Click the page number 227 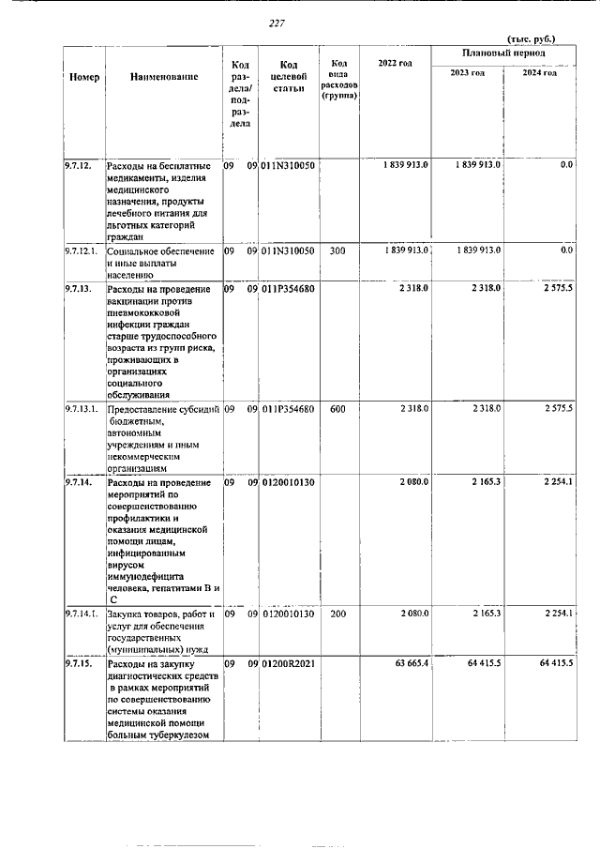coord(276,23)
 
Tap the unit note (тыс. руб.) coord(531,38)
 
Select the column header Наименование coord(164,77)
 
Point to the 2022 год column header coord(395,64)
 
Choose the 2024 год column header coord(539,73)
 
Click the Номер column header coord(84,77)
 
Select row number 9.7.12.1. coord(82,251)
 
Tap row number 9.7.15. coord(79,665)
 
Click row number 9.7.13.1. coord(82,410)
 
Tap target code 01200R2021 coord(289,665)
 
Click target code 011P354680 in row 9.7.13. coord(289,288)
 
